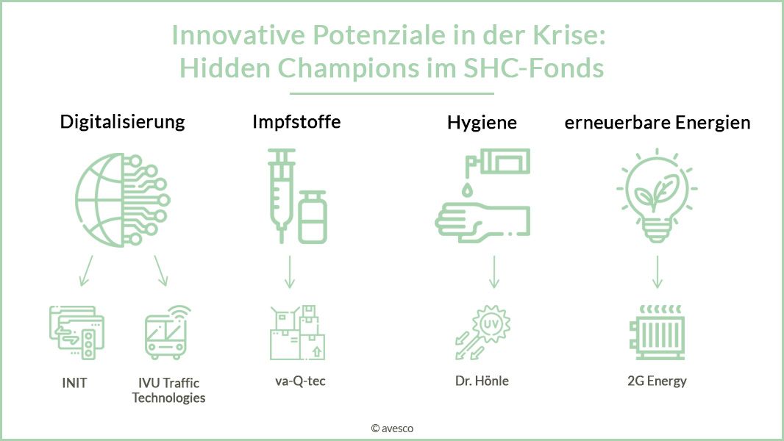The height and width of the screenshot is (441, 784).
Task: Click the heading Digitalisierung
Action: pos(122,121)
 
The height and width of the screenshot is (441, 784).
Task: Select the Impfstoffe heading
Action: pos(296,121)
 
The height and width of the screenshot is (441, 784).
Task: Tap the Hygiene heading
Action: pos(482,123)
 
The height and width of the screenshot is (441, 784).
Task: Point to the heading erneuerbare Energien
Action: pos(658,123)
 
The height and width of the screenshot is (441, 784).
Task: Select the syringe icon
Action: pos(280,193)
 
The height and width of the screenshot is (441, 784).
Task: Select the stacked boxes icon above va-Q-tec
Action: pos(296,334)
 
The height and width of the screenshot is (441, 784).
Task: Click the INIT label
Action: pos(74,383)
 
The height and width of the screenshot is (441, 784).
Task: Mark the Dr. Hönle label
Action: pos(482,381)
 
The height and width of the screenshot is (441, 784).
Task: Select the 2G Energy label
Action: pos(658,381)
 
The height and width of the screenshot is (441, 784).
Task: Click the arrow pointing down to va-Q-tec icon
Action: pos(289,272)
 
